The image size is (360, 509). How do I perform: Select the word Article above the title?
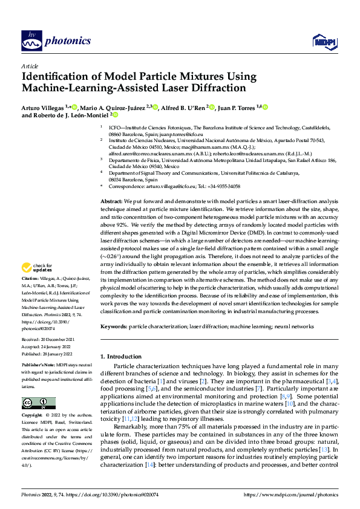(x=29, y=66)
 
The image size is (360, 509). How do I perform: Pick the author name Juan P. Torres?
(x=237, y=107)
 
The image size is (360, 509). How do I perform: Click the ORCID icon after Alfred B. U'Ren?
(x=211, y=107)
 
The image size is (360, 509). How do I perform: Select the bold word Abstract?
(x=111, y=201)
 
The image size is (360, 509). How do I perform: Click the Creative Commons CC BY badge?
(x=38, y=404)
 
